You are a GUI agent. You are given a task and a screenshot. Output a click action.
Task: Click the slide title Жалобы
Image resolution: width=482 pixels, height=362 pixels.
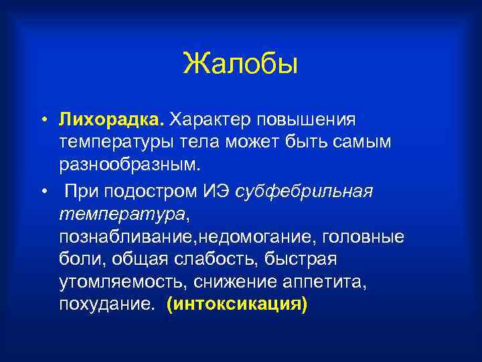[240, 64]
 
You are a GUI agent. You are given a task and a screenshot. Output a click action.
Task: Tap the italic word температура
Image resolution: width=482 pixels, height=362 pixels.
[124, 215]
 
